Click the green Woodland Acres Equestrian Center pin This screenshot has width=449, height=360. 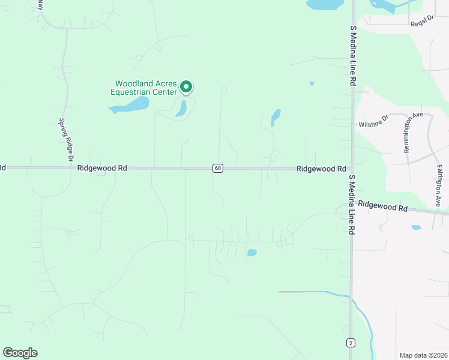pyautogui.click(x=186, y=88)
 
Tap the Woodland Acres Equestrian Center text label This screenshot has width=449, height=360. pyautogui.click(x=146, y=88)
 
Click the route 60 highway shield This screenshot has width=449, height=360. pyautogui.click(x=217, y=168)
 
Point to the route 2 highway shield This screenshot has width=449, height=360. pyautogui.click(x=350, y=343)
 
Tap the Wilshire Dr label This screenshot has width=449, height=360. pyautogui.click(x=374, y=125)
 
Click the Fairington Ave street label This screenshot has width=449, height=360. pyautogui.click(x=439, y=186)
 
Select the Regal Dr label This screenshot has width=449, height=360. pyautogui.click(x=422, y=23)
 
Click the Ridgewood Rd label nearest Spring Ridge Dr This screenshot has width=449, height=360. pyautogui.click(x=102, y=169)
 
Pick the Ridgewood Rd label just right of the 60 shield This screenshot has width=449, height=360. pyautogui.click(x=322, y=169)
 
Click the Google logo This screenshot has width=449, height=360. pyautogui.click(x=20, y=353)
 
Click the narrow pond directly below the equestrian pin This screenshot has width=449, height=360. pyautogui.click(x=181, y=108)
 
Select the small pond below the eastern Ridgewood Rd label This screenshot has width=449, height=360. pyautogui.click(x=416, y=227)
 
